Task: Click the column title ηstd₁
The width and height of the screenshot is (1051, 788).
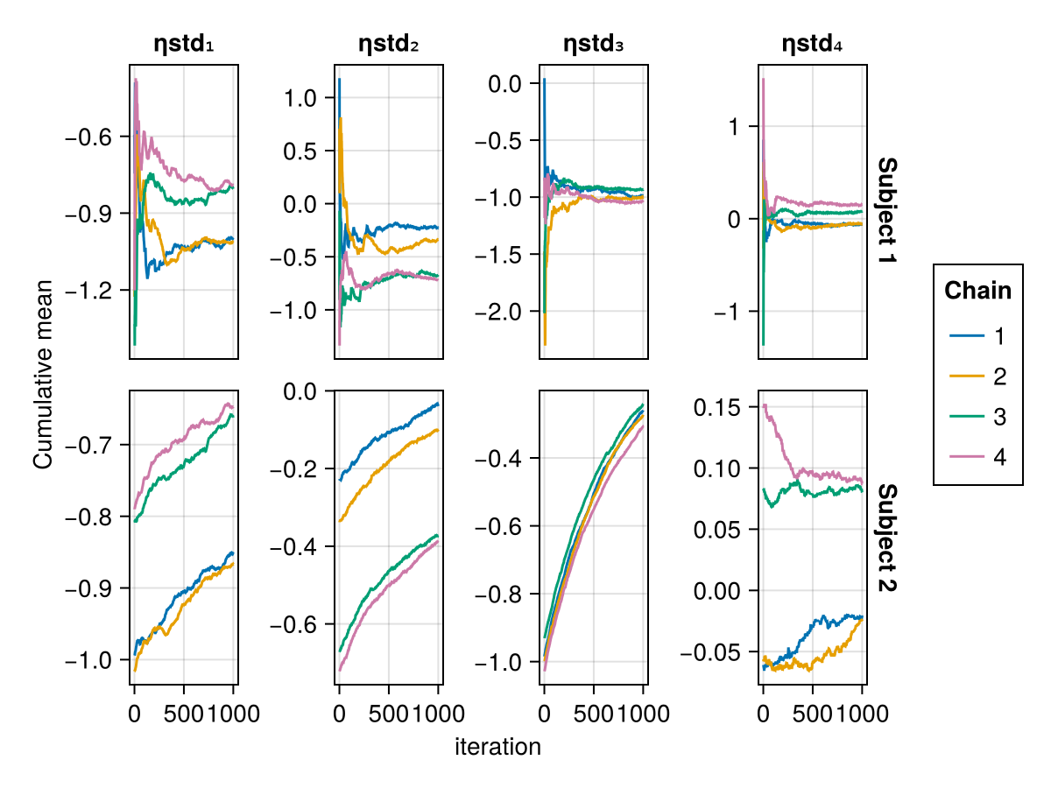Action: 183,46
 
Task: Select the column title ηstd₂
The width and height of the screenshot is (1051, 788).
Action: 388,46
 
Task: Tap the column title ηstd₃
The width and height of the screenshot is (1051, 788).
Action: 593,46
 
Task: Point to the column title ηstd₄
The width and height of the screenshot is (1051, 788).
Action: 812,46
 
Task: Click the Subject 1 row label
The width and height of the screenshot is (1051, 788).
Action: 886,212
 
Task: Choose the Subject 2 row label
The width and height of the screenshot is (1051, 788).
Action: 886,538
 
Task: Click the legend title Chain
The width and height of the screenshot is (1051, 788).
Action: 977,291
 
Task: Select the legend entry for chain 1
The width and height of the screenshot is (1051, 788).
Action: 977,336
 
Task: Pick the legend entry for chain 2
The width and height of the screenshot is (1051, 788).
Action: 977,376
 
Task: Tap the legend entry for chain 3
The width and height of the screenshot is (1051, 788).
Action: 977,417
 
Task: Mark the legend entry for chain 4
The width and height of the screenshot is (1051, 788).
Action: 977,457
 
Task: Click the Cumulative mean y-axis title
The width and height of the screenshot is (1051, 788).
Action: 43,375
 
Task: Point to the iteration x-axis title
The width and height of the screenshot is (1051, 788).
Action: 497,747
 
